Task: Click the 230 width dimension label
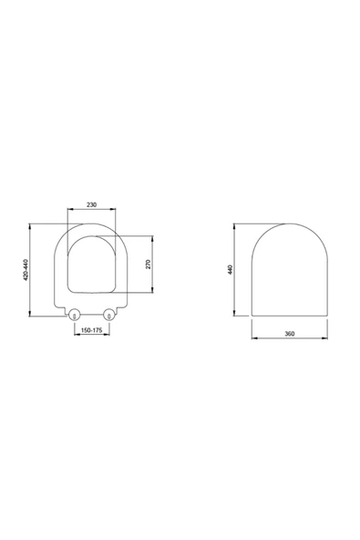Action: click(x=91, y=206)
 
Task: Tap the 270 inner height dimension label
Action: click(x=148, y=264)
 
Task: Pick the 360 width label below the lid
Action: click(x=289, y=335)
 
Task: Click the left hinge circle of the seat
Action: click(x=74, y=316)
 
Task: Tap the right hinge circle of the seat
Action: click(x=109, y=316)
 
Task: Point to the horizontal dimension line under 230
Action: click(x=91, y=213)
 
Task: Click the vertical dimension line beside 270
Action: click(x=153, y=265)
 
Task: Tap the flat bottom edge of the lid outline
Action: click(x=289, y=316)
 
